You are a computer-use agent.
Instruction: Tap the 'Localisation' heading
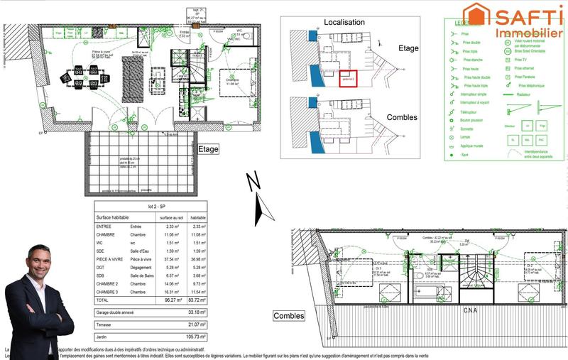pyautogui.click(x=344, y=23)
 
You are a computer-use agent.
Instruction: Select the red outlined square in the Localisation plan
pyautogui.click(x=346, y=77)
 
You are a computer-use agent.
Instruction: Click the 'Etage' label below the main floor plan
pyautogui.click(x=208, y=150)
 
